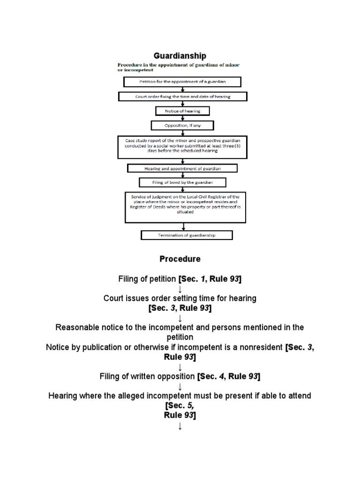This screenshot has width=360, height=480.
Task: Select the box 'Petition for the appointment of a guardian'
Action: tap(182, 82)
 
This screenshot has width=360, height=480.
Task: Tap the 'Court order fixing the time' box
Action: tap(182, 97)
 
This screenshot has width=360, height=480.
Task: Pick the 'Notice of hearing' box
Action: tap(182, 111)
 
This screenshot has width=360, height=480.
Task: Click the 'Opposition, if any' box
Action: tap(182, 125)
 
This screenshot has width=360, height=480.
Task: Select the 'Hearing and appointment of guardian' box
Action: tap(182, 168)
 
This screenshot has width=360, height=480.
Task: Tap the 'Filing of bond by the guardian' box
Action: tap(182, 182)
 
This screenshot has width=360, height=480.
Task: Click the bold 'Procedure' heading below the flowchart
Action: tap(180, 259)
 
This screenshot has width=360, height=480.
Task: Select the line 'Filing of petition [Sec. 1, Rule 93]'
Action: tap(180, 279)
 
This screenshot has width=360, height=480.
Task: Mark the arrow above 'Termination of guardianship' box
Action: tap(183, 226)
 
